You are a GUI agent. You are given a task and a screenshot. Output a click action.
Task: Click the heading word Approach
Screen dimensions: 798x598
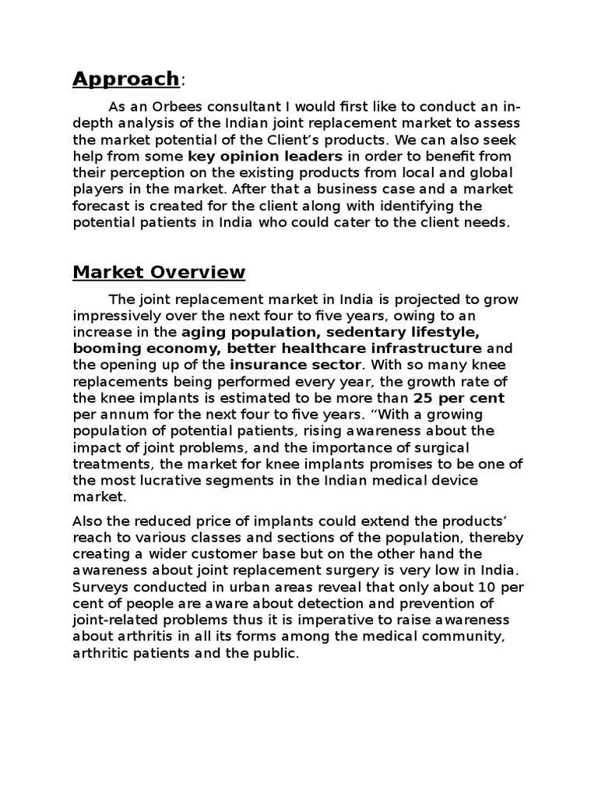click(x=125, y=79)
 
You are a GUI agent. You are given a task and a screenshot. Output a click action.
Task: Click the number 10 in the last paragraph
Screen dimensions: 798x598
click(x=477, y=586)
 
